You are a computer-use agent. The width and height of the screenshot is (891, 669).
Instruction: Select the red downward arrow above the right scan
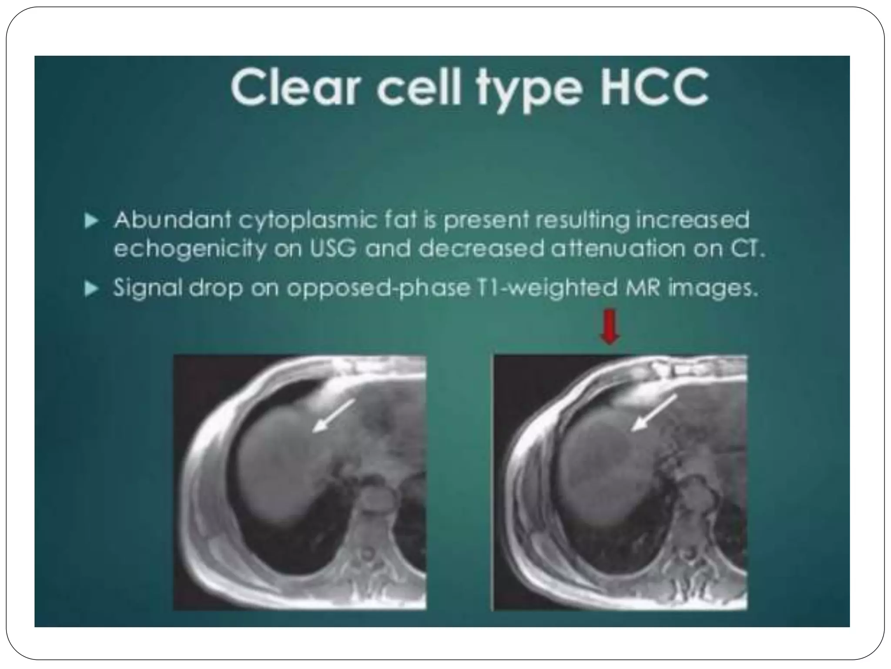coord(610,326)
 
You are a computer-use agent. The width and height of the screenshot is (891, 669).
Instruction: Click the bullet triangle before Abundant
coord(91,221)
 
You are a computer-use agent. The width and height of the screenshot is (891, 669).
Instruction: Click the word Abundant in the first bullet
coord(172,220)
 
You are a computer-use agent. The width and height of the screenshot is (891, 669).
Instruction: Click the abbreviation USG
coord(333,249)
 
